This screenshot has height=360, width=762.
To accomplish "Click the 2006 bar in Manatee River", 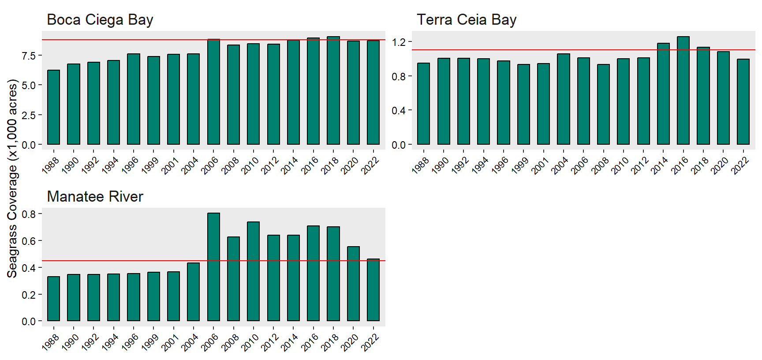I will pyautogui.click(x=213, y=267).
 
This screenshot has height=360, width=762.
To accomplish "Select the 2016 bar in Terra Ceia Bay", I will pyautogui.click(x=683, y=90).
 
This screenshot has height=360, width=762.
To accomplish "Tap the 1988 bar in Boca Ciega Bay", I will pyautogui.click(x=53, y=107).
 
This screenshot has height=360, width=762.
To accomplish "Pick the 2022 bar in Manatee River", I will pyautogui.click(x=373, y=290).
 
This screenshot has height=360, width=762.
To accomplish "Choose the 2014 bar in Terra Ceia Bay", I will pyautogui.click(x=663, y=94).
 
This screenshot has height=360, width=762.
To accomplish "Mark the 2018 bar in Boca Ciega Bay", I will pyautogui.click(x=333, y=90).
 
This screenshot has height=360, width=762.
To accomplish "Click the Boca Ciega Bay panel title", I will pyautogui.click(x=100, y=20).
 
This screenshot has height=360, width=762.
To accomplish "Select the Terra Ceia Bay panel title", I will pyautogui.click(x=467, y=20).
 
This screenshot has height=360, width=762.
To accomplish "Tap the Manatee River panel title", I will pyautogui.click(x=95, y=197).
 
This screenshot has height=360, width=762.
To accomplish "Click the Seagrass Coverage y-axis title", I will pyautogui.click(x=12, y=179).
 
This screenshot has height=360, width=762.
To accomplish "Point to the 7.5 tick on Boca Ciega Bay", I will pyautogui.click(x=29, y=56).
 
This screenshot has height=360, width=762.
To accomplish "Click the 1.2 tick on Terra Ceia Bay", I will pyautogui.click(x=399, y=42).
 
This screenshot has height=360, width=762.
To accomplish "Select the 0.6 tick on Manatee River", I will pyautogui.click(x=29, y=241).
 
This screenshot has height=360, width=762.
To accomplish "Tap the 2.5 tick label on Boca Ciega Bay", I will pyautogui.click(x=29, y=115).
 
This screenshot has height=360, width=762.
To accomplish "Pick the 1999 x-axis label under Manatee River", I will pyautogui.click(x=149, y=343).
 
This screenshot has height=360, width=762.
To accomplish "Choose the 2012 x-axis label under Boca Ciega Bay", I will pyautogui.click(x=269, y=166).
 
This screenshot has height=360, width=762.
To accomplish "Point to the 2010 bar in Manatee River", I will pyautogui.click(x=253, y=271).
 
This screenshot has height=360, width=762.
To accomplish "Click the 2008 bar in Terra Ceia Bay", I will pyautogui.click(x=603, y=105).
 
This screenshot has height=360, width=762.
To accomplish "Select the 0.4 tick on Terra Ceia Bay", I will pyautogui.click(x=399, y=111).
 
